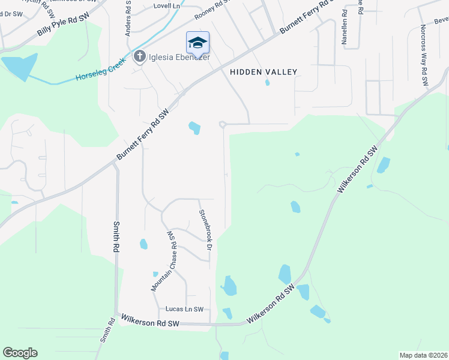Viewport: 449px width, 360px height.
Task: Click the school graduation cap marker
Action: pyautogui.click(x=197, y=43)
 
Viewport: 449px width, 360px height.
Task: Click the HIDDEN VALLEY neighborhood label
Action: pyautogui.click(x=264, y=72)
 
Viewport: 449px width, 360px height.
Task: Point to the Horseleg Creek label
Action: pyautogui.click(x=100, y=70)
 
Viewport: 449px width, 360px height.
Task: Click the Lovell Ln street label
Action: pyautogui.click(x=167, y=5)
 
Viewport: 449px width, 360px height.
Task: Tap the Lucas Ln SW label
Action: pyautogui.click(x=184, y=309)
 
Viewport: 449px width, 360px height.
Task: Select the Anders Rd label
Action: pyautogui.click(x=128, y=18)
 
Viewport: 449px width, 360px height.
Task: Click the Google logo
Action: pyautogui.click(x=20, y=353)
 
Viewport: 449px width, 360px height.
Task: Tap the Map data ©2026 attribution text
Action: pyautogui.click(x=423, y=355)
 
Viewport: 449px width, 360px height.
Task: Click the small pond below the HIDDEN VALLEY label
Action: pyautogui.click(x=267, y=83)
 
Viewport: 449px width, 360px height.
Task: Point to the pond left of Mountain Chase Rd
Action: pyautogui.click(x=143, y=244)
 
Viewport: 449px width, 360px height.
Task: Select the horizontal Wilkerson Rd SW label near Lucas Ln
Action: pyautogui.click(x=150, y=323)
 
